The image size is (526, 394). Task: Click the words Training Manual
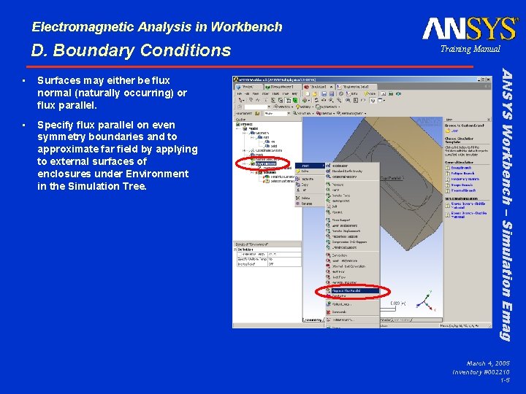470,49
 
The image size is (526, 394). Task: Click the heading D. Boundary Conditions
131,50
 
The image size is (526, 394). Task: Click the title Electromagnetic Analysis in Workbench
157,27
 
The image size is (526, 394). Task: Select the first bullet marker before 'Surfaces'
25,81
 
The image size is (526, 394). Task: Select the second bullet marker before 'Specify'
25,124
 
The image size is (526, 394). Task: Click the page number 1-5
504,380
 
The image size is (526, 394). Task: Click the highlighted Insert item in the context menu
310,166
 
